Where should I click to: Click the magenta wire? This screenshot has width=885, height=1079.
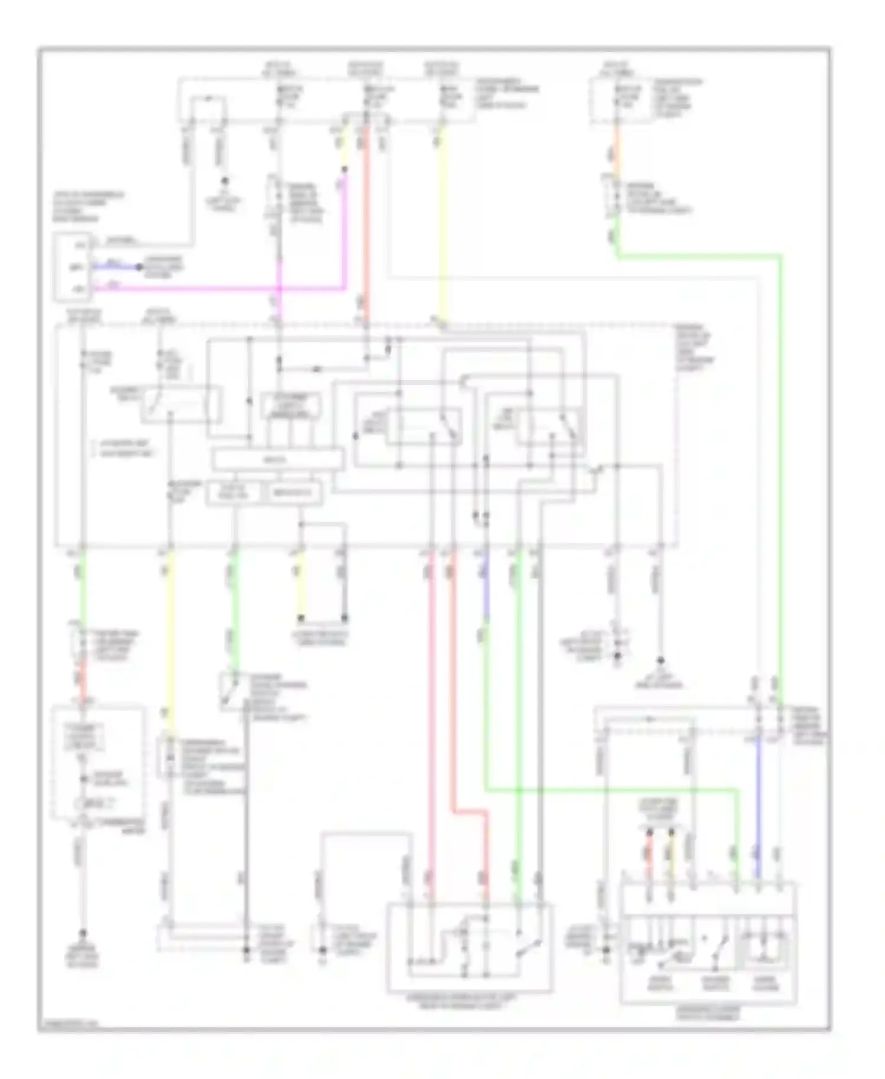(236, 289)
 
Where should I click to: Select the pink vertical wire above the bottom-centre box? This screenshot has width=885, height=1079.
(431, 708)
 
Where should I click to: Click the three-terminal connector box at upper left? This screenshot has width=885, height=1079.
(73, 267)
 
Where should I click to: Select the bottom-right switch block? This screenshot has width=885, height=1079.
(708, 941)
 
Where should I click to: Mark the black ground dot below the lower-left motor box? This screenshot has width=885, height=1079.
(83, 934)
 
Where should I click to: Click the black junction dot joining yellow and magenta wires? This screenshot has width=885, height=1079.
(345, 170)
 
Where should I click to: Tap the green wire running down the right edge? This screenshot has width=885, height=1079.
(780, 472)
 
